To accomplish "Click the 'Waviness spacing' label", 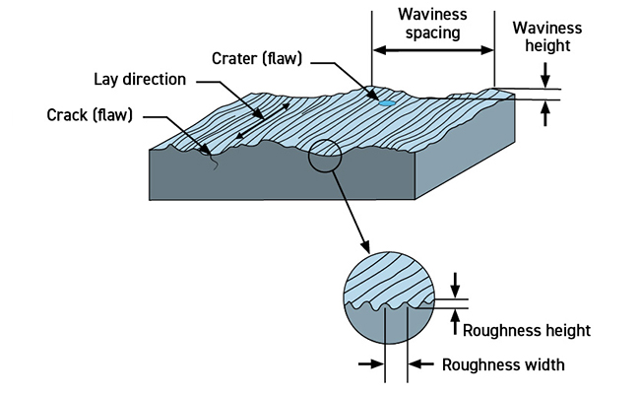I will pyautogui.click(x=432, y=25).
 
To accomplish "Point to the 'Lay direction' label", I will pyautogui.click(x=142, y=79).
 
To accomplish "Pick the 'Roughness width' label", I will pyautogui.click(x=502, y=364).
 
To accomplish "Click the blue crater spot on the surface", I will pyautogui.click(x=387, y=101).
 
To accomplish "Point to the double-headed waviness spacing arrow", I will pyautogui.click(x=432, y=50).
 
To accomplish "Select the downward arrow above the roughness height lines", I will pyautogui.click(x=454, y=285).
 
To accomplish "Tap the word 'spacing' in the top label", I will pyautogui.click(x=432, y=33).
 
